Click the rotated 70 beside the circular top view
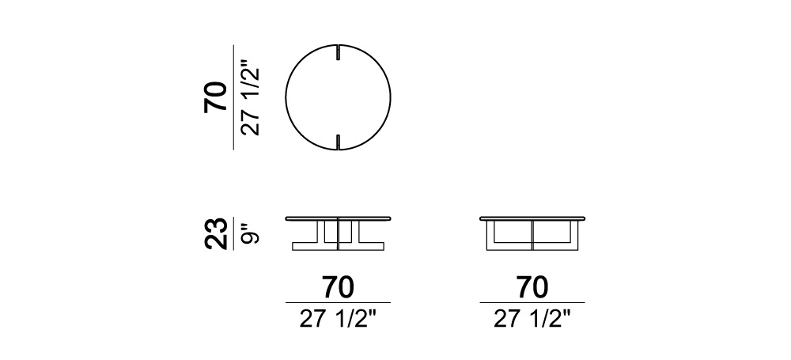(215, 97)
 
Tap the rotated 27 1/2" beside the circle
(251, 97)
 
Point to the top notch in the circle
(336, 54)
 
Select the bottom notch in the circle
(337, 142)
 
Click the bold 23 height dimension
(215, 233)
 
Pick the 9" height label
(251, 233)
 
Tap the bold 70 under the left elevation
(338, 287)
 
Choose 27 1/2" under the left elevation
(338, 319)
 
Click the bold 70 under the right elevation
(532, 287)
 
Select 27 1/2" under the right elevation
(532, 319)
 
